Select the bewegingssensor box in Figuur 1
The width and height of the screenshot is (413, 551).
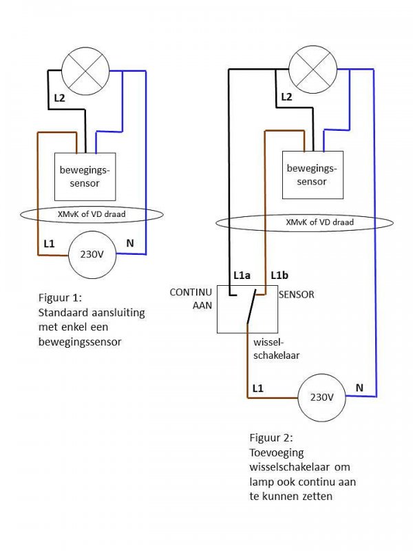[85, 175]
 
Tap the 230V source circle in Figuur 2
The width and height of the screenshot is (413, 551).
[321, 397]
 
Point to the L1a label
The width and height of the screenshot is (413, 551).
[242, 275]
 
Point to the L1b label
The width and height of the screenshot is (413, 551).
[279, 275]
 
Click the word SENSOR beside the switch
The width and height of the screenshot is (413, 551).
[296, 294]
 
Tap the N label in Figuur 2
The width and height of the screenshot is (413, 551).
[359, 388]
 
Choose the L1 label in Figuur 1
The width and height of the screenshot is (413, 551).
[49, 244]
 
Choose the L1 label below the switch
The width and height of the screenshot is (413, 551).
[257, 388]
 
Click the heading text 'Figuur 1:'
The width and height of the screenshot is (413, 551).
[59, 299]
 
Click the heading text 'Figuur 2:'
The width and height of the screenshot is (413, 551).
[271, 437]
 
